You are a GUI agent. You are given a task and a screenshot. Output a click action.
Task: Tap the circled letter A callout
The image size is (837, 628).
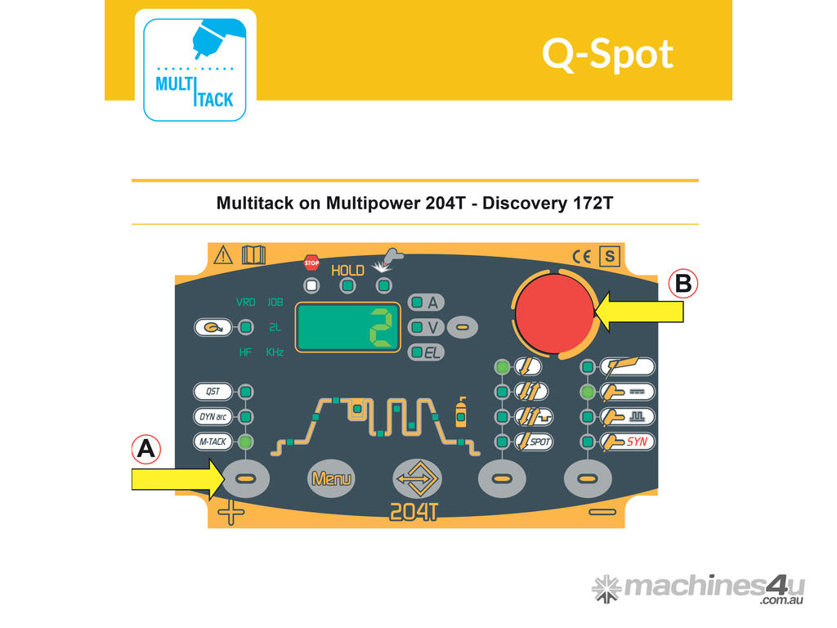(x=145, y=448)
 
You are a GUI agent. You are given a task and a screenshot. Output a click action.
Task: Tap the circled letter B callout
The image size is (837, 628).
(x=683, y=283)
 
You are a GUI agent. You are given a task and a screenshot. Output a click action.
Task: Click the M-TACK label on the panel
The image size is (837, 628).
(x=214, y=442)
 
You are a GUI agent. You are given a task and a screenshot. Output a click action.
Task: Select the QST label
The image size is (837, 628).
(x=214, y=391)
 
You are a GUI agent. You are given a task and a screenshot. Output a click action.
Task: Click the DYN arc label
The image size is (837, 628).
(x=214, y=416)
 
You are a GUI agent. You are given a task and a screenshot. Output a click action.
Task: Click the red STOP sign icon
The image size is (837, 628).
(x=311, y=262)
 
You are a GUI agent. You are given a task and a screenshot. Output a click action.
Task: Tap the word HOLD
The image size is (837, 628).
(x=347, y=270)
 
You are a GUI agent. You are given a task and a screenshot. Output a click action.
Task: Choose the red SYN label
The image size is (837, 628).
(x=638, y=442)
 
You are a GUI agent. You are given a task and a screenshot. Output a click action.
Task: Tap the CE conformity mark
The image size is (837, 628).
(x=582, y=257)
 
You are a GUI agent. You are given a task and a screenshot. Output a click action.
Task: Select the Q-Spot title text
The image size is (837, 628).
(x=607, y=54)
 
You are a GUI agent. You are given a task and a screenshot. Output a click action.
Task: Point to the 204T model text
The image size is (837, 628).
(x=414, y=512)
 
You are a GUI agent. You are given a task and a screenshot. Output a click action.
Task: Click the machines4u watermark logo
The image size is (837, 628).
(x=698, y=589)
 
